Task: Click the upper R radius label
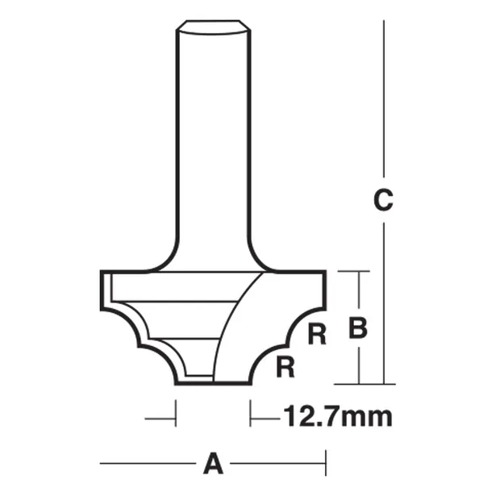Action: [317, 335]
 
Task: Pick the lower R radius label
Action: [284, 368]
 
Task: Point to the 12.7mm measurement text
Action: [336, 417]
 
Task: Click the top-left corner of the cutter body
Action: [101, 272]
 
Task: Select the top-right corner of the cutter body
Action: [325, 272]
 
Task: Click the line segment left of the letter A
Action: [149, 464]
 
